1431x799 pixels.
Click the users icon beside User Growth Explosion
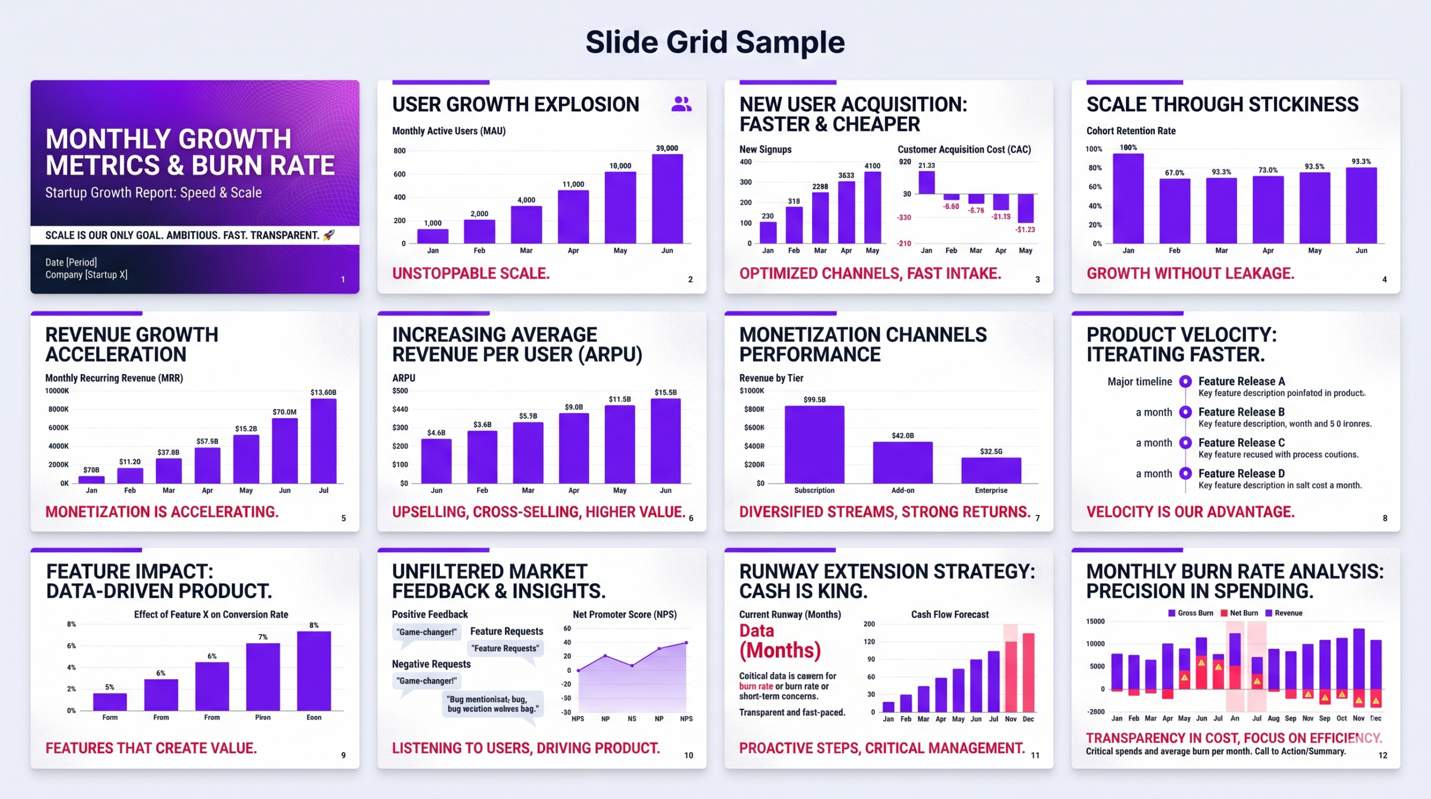[681, 104]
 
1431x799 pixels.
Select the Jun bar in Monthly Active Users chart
[667, 198]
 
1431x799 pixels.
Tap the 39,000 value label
[667, 148]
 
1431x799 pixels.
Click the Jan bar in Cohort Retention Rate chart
[1128, 198]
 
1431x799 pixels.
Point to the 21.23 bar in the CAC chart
[927, 182]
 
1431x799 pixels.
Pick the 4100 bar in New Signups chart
[872, 207]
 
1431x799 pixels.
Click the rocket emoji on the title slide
[329, 235]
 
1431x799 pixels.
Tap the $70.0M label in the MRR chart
[285, 412]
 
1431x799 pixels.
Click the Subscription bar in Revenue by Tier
[814, 445]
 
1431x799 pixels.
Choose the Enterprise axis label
[991, 490]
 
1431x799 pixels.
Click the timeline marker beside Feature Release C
[1185, 443]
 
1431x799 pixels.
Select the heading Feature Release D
[1242, 474]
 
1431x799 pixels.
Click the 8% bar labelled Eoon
[314, 671]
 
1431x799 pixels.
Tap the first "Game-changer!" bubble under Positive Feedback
[427, 632]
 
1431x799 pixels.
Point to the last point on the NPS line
[686, 643]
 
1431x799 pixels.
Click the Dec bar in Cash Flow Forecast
[1028, 673]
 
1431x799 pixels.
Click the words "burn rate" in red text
[756, 686]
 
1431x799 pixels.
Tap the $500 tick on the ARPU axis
[400, 391]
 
